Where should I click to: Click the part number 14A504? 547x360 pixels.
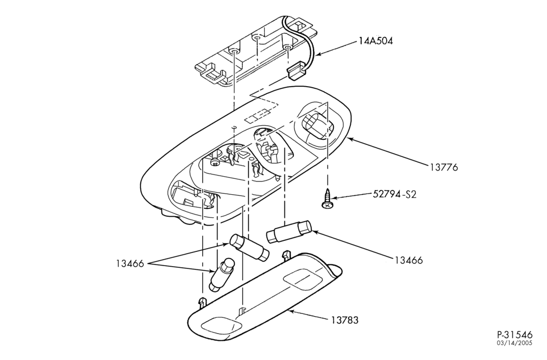click(375, 41)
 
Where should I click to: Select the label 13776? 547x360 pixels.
click(443, 167)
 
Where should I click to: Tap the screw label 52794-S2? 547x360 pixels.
click(394, 194)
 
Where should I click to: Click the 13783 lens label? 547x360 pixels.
click(345, 319)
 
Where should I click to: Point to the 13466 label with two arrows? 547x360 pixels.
click(130, 264)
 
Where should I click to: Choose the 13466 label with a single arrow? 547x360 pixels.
click(409, 260)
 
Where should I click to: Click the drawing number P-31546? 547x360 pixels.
click(515, 335)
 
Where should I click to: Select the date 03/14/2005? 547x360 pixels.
click(515, 344)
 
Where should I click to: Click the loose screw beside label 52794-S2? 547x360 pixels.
click(327, 200)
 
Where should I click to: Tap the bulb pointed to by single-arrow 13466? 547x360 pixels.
click(289, 232)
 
